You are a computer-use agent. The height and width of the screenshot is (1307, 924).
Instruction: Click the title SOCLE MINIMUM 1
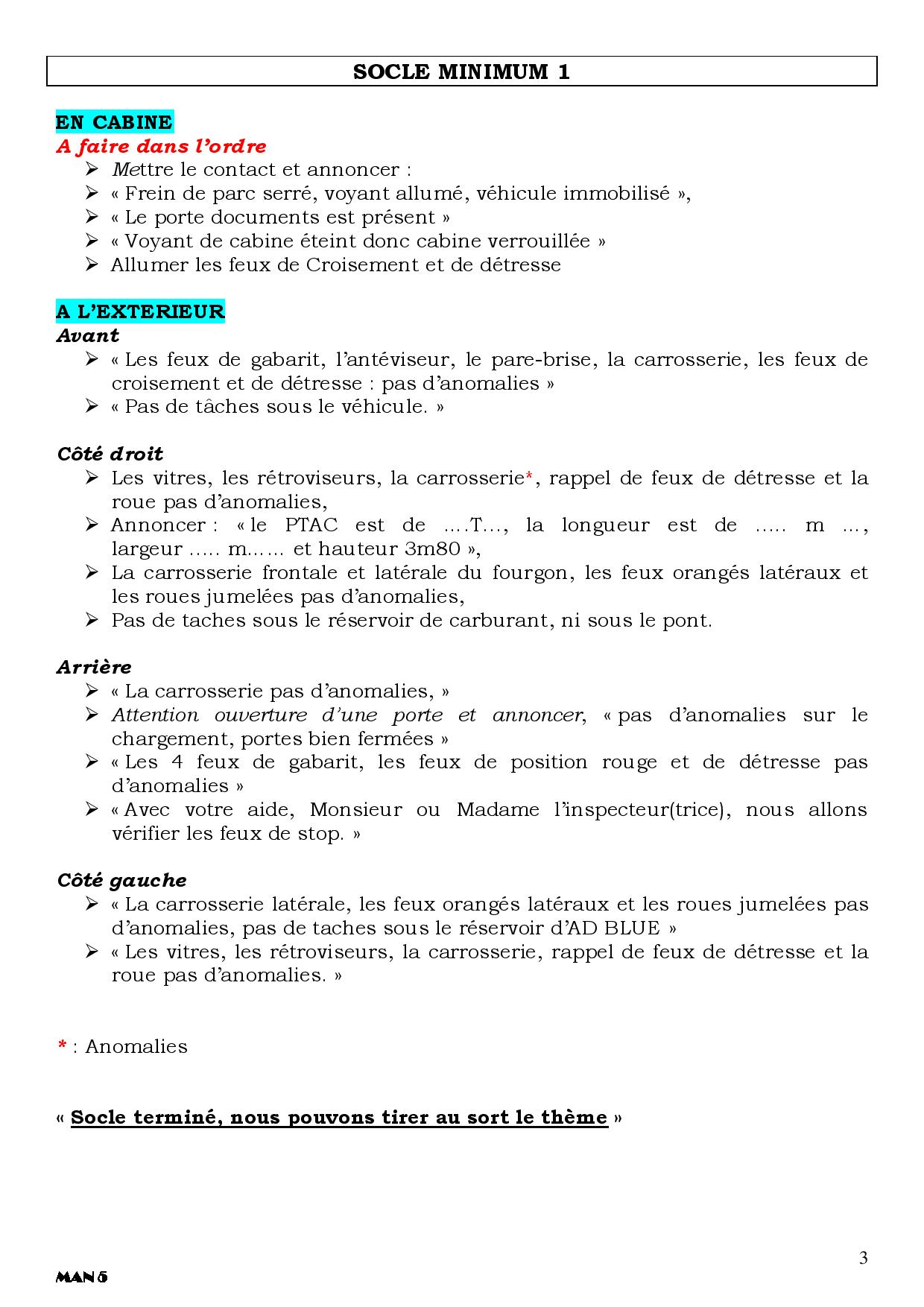pos(461,72)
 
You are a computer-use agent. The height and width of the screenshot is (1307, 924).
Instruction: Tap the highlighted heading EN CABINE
pos(114,122)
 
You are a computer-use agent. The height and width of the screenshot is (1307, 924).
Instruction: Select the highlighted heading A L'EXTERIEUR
pos(140,311)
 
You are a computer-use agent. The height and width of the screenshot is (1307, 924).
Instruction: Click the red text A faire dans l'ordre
pos(161,146)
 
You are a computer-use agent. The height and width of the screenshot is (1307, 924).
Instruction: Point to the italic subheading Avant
pos(88,335)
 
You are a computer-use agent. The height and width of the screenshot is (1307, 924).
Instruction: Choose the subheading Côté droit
pos(110,454)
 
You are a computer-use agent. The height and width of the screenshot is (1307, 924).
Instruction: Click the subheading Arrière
pos(94,667)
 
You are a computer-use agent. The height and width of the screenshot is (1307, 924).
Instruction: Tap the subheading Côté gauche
pos(121,880)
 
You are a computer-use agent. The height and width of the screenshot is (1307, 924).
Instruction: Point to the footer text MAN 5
pos(81,1277)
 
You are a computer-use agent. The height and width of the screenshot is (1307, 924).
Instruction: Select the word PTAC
pos(311,525)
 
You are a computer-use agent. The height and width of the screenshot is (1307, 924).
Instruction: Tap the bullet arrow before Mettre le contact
pos(92,170)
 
